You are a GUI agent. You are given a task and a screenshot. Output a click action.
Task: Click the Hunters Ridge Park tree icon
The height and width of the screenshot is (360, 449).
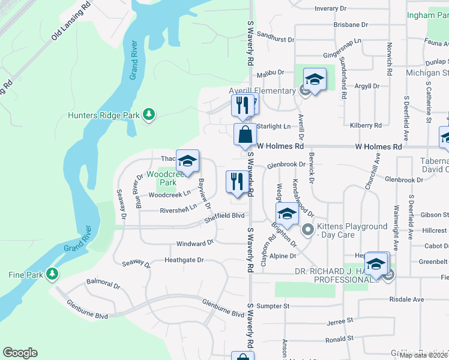[x=149, y=115]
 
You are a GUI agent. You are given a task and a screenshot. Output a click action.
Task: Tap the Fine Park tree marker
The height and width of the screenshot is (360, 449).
[x=53, y=274]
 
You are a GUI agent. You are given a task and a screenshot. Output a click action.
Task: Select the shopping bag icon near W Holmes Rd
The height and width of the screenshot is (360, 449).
[x=246, y=134]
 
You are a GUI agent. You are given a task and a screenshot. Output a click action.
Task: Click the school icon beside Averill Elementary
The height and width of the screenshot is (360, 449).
[x=314, y=79]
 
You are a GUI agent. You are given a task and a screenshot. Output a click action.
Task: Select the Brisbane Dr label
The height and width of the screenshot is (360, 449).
[x=351, y=25]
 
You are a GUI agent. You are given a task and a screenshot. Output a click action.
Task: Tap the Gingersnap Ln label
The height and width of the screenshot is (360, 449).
[x=341, y=41]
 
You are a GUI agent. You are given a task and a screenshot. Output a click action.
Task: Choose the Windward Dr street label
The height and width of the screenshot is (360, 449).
[x=194, y=243]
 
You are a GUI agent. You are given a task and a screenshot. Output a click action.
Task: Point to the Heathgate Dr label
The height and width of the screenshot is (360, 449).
[x=184, y=260]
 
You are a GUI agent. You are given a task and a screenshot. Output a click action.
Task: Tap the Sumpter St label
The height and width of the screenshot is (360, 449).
[x=274, y=305]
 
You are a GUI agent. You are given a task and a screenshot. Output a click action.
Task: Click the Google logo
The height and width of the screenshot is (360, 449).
[x=20, y=353]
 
